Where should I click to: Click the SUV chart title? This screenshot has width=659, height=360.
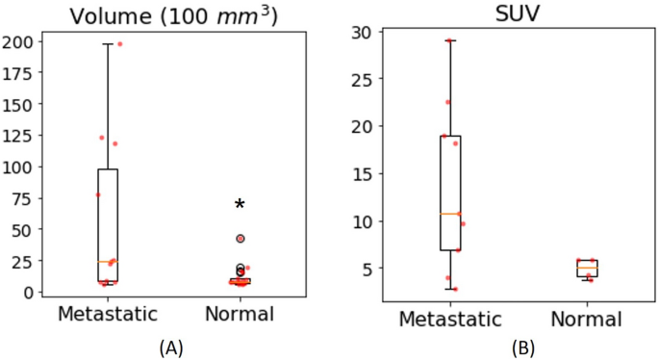click(x=520, y=13)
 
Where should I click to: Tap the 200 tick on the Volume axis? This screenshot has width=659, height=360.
click(x=18, y=41)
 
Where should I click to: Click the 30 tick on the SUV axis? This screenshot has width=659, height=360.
click(x=362, y=32)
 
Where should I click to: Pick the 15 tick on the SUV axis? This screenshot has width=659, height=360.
click(x=362, y=173)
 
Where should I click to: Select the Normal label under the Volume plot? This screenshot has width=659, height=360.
click(x=240, y=314)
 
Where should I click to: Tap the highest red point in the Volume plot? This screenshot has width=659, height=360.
click(x=119, y=44)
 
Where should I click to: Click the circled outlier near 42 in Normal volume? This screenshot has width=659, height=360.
click(x=241, y=239)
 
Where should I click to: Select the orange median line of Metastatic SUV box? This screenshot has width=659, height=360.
click(x=448, y=214)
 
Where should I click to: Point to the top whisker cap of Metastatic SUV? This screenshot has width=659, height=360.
click(x=448, y=40)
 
